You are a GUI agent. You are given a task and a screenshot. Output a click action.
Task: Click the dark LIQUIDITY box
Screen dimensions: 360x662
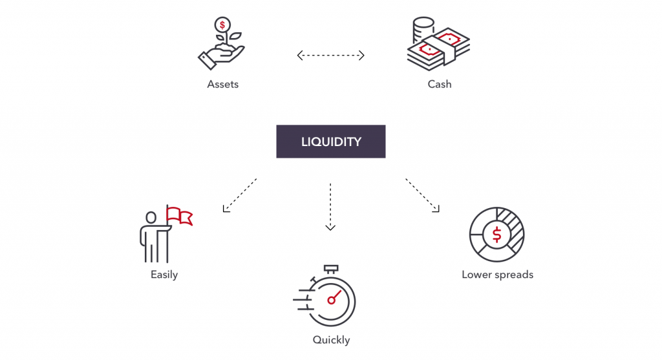point(331,142)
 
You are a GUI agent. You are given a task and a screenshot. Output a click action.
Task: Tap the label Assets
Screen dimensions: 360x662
point(222,84)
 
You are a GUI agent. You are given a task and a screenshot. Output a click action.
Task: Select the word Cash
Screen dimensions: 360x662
point(439,84)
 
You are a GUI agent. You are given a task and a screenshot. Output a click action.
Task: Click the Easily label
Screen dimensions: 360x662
point(164,275)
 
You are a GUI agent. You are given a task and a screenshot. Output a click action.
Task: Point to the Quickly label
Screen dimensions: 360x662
point(331,340)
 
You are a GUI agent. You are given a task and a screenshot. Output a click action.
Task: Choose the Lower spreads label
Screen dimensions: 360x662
point(497,275)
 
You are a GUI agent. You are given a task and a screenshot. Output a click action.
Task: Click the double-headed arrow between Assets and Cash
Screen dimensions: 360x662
point(331,56)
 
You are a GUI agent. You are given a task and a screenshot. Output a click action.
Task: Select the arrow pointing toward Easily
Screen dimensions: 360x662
point(239,195)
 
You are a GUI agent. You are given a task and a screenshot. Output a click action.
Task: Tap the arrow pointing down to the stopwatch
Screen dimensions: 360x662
point(330,207)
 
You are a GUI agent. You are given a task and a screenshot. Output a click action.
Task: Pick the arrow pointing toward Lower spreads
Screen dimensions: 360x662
point(423,195)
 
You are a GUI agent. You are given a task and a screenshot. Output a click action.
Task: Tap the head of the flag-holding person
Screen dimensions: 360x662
point(151,217)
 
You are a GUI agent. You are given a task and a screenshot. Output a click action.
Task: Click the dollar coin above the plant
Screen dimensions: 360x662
point(222,25)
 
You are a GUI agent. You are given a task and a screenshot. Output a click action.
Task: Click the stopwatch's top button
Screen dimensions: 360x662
point(331,268)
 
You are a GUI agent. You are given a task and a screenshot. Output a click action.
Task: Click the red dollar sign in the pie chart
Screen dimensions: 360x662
point(496,235)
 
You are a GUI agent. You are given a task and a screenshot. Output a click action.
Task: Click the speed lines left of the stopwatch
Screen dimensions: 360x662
point(303,299)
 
